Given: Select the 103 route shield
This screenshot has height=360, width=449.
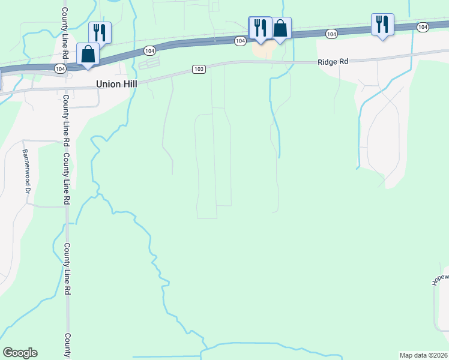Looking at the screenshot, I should pos(199,70).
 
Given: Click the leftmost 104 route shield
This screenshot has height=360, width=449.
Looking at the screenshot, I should pos(59,69).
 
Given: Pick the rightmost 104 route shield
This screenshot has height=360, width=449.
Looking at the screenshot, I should pos(423,27).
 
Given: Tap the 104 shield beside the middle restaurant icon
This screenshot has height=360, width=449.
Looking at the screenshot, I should pos(240,41).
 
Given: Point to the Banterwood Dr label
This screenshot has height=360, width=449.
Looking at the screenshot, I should pos(26,171).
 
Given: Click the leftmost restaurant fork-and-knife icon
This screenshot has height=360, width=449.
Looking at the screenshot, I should pos(98,32).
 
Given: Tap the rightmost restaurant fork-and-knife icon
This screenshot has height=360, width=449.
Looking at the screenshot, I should pos(382,24).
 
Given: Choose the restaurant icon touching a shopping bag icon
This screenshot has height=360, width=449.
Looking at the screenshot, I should pos(260,28).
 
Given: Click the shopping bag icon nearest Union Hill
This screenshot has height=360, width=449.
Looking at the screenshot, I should pos(88,53).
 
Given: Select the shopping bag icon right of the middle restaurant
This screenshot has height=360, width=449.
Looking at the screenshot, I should pos(280,28).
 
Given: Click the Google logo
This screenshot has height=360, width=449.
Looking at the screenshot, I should pos(20,353).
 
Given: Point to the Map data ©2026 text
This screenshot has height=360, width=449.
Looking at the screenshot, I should pos(424,355).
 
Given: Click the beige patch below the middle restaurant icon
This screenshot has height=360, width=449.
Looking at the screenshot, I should pos(262,51).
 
